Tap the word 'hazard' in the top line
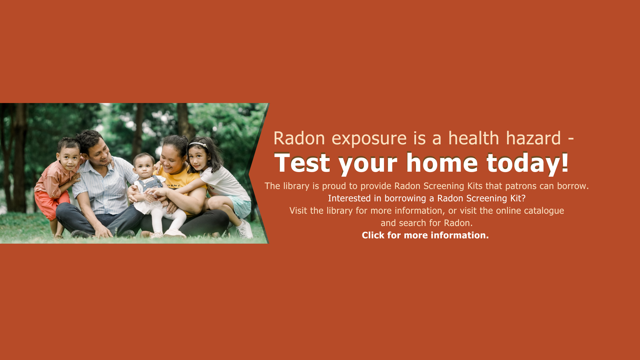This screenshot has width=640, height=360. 533,138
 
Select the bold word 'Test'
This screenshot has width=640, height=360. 302,163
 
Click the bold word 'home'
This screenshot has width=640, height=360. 442,163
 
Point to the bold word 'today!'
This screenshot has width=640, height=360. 527,163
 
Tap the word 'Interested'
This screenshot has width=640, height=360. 349,198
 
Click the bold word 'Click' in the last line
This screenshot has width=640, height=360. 373,235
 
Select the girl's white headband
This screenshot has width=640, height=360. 198,145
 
